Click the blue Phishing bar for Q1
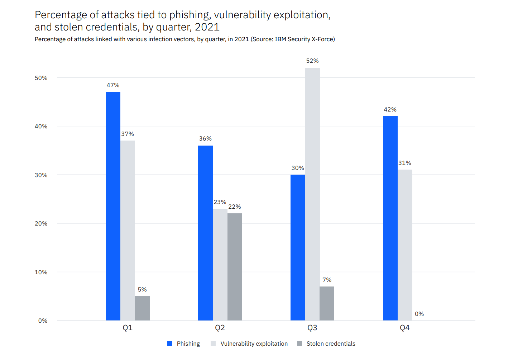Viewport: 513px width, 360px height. coord(113,206)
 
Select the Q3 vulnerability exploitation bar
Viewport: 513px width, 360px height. coord(312,194)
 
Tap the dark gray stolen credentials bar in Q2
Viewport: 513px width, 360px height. coord(235,267)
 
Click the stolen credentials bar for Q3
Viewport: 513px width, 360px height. coord(327,303)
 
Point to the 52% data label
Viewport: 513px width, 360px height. coord(312,61)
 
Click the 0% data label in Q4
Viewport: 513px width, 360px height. coord(419,314)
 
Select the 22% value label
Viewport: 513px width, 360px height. coord(235,207)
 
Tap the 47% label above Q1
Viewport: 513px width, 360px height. coord(113,85)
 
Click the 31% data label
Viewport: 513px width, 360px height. coord(405,163)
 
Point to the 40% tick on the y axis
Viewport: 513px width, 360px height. coord(41,127)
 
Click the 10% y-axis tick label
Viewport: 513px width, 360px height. coord(41,273)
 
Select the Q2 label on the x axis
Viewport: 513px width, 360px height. coord(220,328)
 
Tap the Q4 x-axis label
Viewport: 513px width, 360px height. coord(405,328)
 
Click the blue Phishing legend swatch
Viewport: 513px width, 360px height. coord(169,344)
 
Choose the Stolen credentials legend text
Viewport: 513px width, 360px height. coord(331,344)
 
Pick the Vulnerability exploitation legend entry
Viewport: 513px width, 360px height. coord(254,344)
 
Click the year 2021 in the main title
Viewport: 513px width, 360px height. coord(207,27)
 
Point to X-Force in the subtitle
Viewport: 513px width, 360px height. coord(323,39)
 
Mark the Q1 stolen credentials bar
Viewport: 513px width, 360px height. coord(142,308)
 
